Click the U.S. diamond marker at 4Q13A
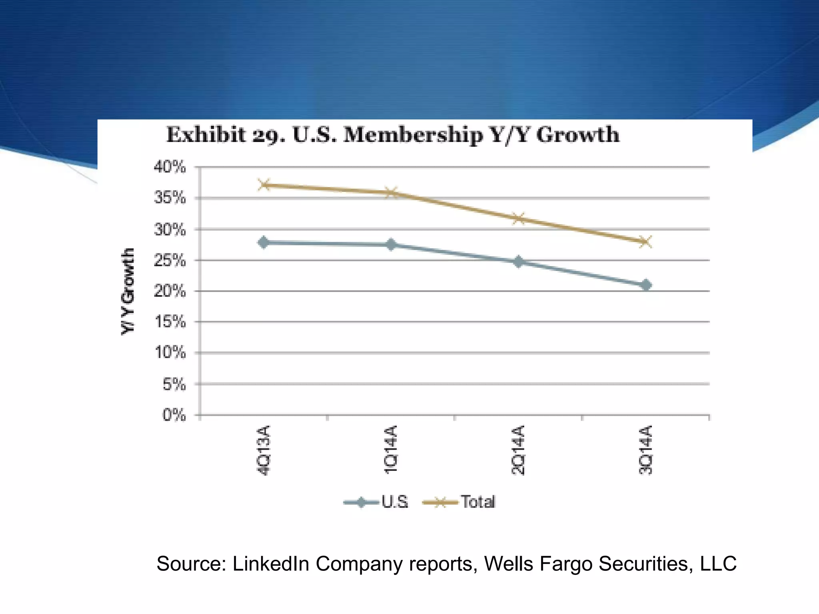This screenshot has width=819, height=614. coord(264,242)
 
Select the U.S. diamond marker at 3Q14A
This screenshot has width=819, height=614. coord(646,285)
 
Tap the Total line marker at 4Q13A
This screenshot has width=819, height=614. coord(264,185)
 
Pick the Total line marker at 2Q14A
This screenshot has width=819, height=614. coord(519,218)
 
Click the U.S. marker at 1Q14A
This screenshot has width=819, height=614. coord(391,244)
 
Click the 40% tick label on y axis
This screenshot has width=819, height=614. coord(170,167)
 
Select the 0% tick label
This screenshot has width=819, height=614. coord(174,415)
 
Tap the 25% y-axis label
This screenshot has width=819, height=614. coord(170,261)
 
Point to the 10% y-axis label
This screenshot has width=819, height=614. coord(170,353)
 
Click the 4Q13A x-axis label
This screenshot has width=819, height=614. coord(264,450)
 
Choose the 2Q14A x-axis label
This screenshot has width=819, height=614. coord(519,450)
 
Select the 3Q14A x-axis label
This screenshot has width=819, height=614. coord(646,450)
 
